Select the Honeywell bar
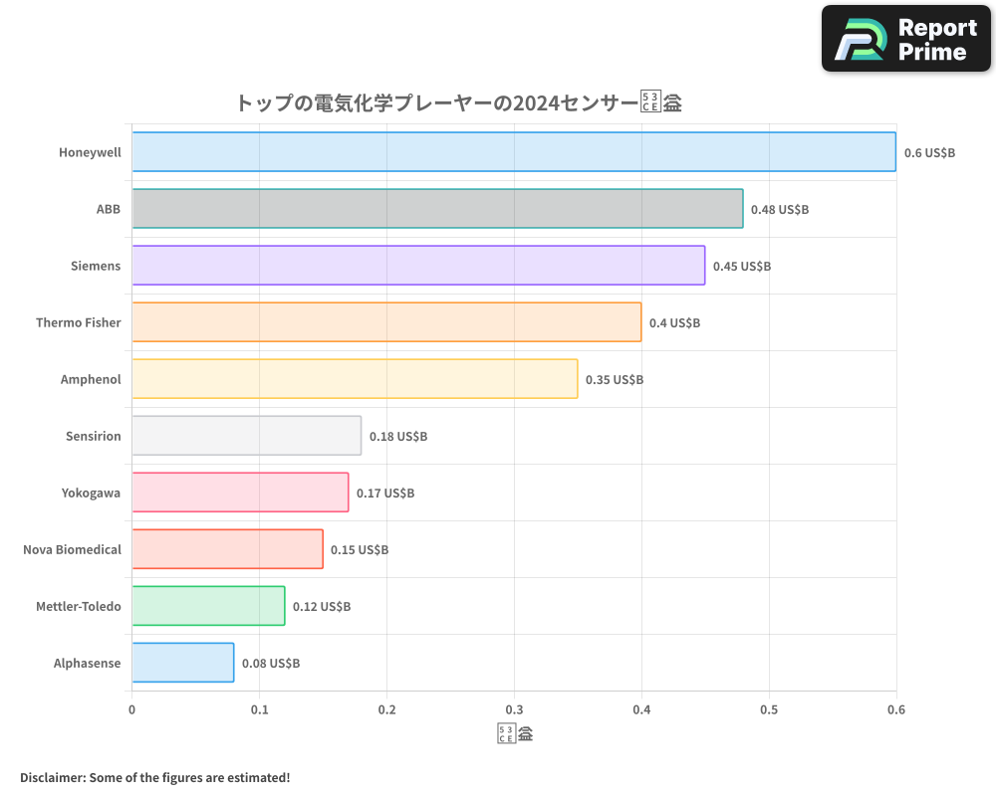(x=514, y=152)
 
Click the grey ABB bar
(x=437, y=209)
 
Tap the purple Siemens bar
(x=418, y=266)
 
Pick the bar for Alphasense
(x=183, y=663)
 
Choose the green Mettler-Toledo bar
(x=208, y=606)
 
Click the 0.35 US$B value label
(x=615, y=380)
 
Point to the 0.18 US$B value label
(x=398, y=437)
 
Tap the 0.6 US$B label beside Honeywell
(x=929, y=153)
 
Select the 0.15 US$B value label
(x=360, y=550)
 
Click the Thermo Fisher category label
(x=78, y=322)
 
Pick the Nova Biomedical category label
(x=72, y=549)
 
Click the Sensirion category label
(x=93, y=436)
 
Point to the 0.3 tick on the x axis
(x=514, y=710)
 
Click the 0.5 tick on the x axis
(x=769, y=710)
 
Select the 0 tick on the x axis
(x=132, y=710)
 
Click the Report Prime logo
(x=906, y=39)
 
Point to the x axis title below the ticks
(x=514, y=735)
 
